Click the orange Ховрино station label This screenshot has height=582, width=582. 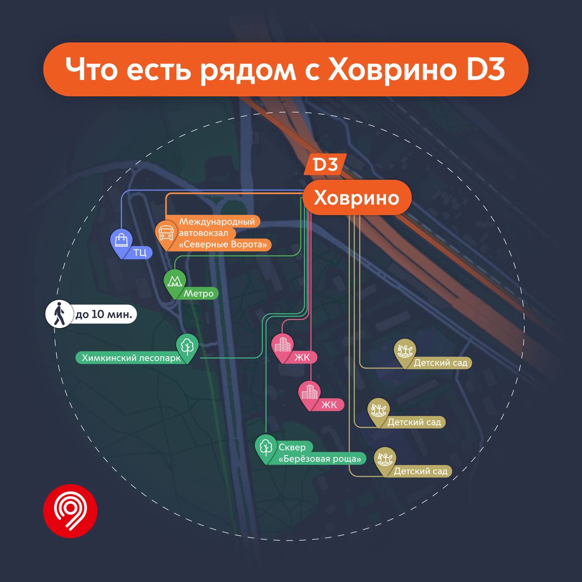[x=357, y=197]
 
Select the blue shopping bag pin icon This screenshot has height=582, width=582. [x=121, y=243]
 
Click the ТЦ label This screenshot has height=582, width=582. [x=140, y=252]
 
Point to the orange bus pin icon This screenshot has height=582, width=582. [x=166, y=235]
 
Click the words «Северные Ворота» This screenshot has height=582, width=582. [x=223, y=245]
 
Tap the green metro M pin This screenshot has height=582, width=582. [x=175, y=283]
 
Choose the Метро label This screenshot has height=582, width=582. [x=198, y=293]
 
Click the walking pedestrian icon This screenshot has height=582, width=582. [x=60, y=314]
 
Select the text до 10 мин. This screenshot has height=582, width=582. [x=104, y=314]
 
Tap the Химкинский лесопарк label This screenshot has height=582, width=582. [x=131, y=358]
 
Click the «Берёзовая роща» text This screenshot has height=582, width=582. [x=320, y=459]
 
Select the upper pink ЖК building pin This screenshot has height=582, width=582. [x=282, y=348]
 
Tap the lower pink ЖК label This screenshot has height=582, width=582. [x=329, y=405]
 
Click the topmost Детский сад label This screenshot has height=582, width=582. [x=440, y=363]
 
